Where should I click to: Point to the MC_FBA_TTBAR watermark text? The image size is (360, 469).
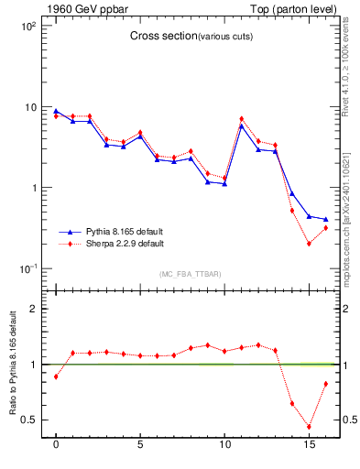tap(190, 275)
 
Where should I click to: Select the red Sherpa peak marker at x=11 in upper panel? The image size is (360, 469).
tap(241, 119)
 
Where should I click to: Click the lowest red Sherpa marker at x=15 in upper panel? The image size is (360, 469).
tap(309, 244)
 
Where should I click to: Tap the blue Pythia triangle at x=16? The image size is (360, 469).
tap(325, 220)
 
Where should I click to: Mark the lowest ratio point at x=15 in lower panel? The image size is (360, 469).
tap(309, 427)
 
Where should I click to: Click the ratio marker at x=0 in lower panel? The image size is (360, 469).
tap(56, 376)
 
